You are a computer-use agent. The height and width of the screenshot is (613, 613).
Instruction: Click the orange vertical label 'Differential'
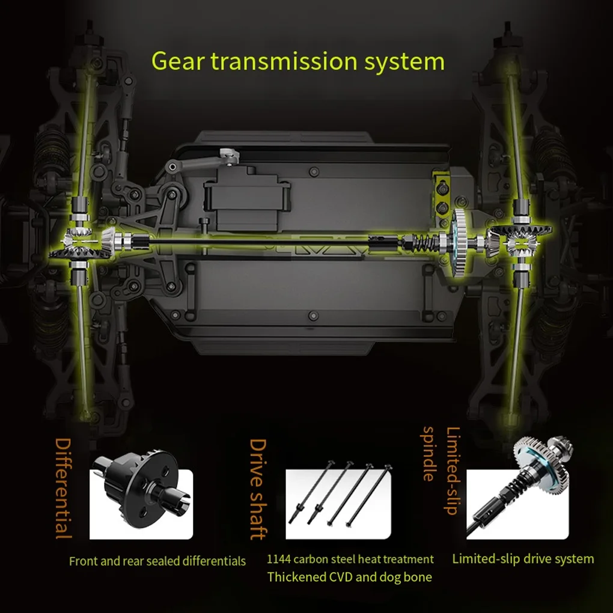tap(64, 487)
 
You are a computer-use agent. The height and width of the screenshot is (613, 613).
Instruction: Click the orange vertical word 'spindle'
tap(428, 454)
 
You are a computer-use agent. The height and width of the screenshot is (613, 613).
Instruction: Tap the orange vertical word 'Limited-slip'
tap(452, 471)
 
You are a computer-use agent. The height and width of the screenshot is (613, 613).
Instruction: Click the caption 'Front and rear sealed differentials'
tap(157, 561)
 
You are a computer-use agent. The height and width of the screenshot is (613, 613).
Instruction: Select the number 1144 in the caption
tap(279, 560)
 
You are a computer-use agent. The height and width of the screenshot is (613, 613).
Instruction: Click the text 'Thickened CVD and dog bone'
tap(349, 578)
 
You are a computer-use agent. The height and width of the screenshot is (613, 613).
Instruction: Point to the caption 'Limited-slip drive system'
tap(523, 559)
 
